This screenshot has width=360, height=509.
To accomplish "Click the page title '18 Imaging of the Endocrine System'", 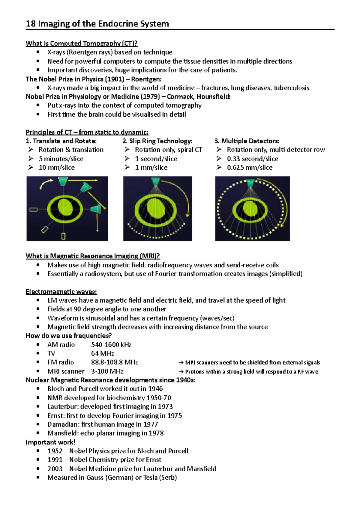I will pyautogui.click(x=97, y=24).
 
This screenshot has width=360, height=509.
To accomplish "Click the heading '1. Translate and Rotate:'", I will pyautogui.click(x=61, y=141).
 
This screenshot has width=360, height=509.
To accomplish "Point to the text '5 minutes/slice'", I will pyautogui.click(x=61, y=159).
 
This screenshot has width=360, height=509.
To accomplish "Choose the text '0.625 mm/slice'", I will pyautogui.click(x=250, y=168).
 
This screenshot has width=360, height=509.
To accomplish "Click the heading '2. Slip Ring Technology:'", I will pyautogui.click(x=157, y=141).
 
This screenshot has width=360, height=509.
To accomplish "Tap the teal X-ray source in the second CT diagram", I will pyautogui.click(x=155, y=182).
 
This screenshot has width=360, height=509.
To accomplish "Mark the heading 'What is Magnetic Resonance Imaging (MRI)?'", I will pyautogui.click(x=93, y=256).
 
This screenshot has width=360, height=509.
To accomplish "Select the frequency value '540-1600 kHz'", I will pyautogui.click(x=111, y=345).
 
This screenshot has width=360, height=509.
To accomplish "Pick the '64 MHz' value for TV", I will pyautogui.click(x=102, y=353).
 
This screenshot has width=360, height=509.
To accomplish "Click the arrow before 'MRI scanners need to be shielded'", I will pyautogui.click(x=181, y=363).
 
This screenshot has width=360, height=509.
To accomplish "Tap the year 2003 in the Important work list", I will pyautogui.click(x=55, y=469).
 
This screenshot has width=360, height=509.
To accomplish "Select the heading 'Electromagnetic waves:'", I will pyautogui.click(x=61, y=292).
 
